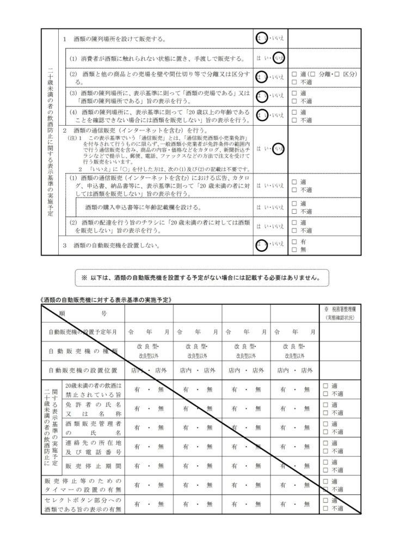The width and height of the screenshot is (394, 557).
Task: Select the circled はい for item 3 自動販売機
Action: click(262, 245)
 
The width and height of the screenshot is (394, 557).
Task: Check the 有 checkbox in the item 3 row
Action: click(294, 242)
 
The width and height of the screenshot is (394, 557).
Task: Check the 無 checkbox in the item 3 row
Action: click(294, 249)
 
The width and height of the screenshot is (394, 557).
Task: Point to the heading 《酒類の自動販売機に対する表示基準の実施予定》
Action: click(107, 299)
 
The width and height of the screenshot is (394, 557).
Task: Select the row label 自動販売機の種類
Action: click(83, 351)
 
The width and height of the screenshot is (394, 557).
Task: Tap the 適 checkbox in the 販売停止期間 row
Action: click(325, 462)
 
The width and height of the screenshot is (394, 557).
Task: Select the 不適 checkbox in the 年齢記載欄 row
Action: click(294, 211)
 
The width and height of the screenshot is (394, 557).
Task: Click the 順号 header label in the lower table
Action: click(83, 314)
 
